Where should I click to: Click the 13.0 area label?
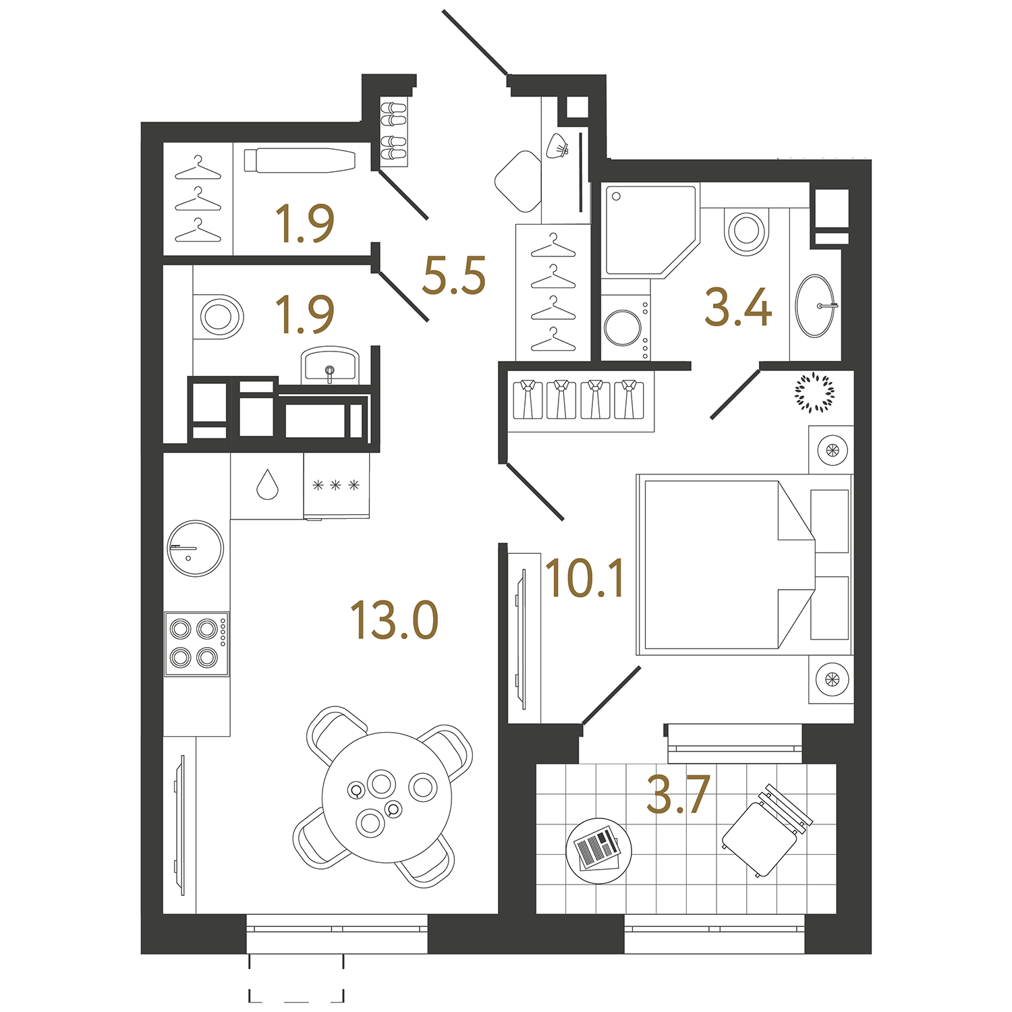point(395,621)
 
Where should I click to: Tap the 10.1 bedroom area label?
point(585,579)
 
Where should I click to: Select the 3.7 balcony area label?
point(677,795)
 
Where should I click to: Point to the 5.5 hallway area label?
point(454,276)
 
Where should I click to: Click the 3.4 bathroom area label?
point(738,308)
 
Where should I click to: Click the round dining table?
point(387,797)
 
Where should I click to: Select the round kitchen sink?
point(195,548)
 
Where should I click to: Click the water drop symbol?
point(267,484)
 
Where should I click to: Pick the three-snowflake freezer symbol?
point(336,485)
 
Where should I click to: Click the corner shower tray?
point(646,229)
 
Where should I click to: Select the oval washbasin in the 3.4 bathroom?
point(816,306)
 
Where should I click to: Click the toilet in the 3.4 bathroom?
point(746,231)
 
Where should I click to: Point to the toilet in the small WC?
point(219,316)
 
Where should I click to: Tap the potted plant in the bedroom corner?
point(814,391)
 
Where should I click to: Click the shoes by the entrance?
point(393,133)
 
